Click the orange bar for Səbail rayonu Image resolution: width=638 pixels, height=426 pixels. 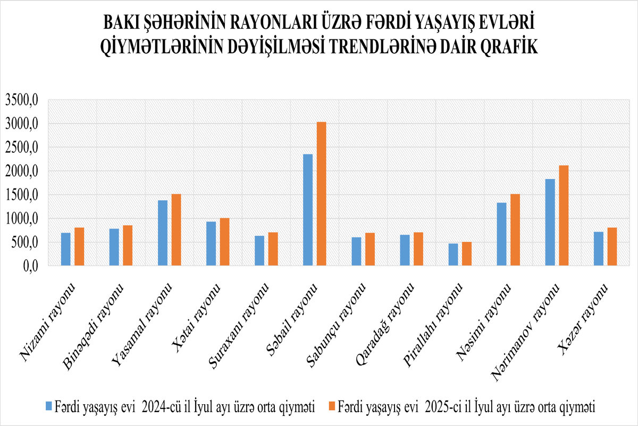click(321, 194)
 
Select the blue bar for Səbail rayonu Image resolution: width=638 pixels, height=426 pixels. click(308, 210)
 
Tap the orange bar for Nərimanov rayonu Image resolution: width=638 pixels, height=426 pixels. click(564, 216)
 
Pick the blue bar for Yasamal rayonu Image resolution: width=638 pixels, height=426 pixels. click(163, 233)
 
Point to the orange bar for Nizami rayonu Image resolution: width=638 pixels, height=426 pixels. click(79, 247)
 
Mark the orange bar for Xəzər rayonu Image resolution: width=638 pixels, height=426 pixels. click(612, 247)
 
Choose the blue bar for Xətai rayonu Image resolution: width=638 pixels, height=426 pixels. click(211, 243)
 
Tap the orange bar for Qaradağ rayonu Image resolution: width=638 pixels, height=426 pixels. click(418, 249)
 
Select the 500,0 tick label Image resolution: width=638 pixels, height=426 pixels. click(24, 242)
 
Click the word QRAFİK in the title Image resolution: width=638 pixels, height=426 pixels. click(508, 47)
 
